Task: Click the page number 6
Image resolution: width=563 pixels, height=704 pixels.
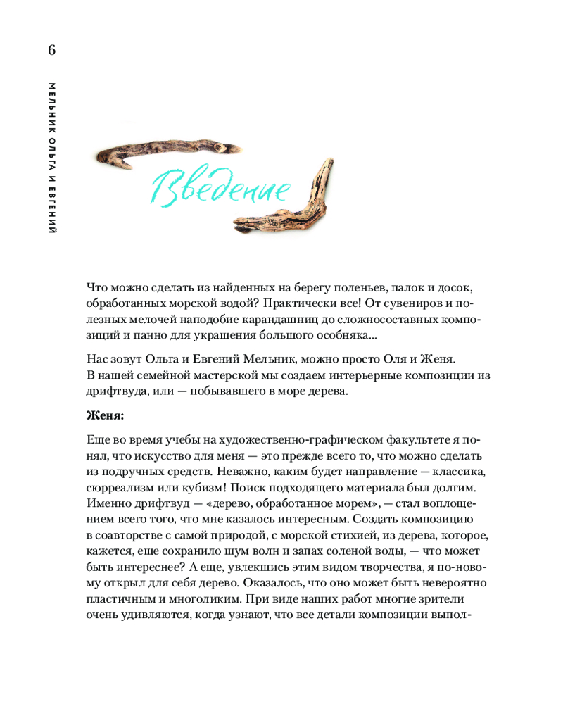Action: tap(51, 51)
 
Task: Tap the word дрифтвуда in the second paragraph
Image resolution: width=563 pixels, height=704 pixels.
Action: tap(113, 391)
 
